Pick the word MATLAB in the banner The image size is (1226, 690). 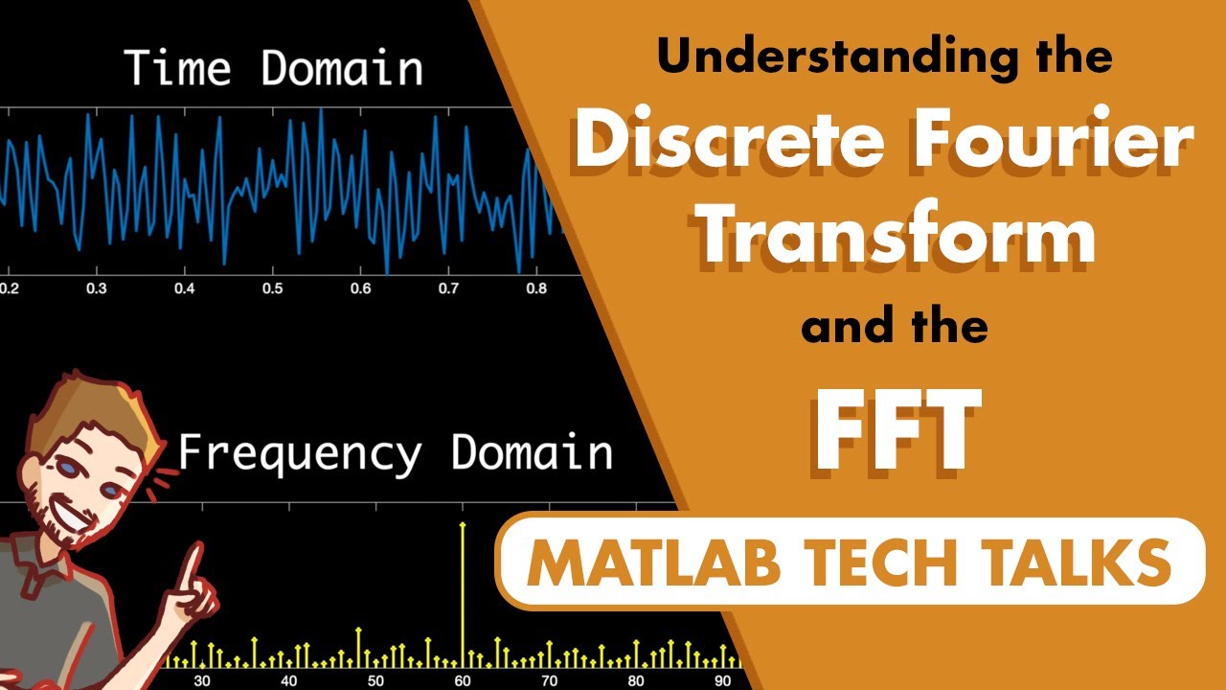655,563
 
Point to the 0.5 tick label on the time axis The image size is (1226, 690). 273,288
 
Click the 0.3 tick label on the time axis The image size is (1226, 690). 96,288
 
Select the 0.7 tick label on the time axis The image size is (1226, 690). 449,288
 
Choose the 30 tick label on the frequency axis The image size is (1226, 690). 202,681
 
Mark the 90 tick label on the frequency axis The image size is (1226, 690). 722,681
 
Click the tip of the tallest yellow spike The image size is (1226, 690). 464,525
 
